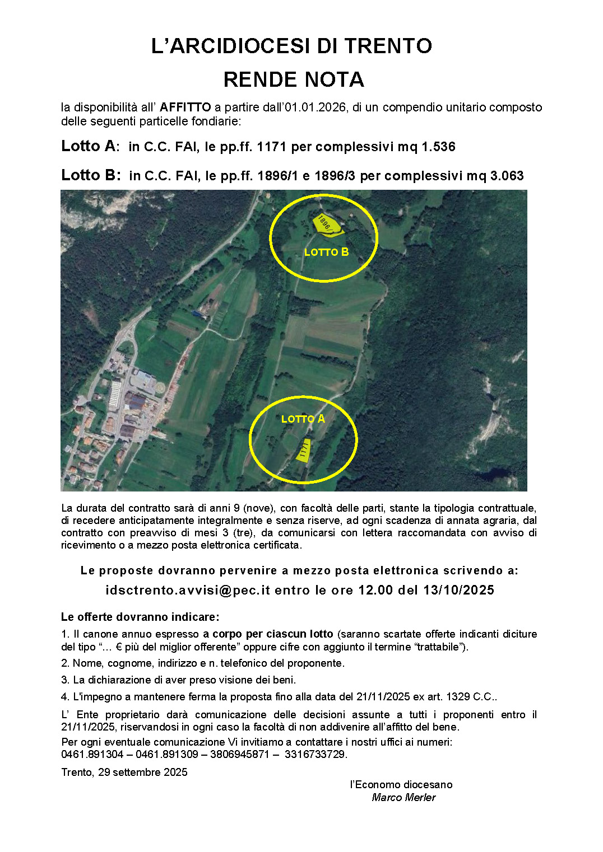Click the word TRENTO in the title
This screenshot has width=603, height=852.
[x=388, y=46]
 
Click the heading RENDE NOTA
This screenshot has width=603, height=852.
[x=294, y=80]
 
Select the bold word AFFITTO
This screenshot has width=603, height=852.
[x=185, y=107]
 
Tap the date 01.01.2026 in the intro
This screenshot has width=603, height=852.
[x=314, y=107]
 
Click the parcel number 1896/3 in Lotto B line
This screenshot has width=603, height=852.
[x=335, y=176]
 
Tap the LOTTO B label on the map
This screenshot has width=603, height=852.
[x=326, y=252]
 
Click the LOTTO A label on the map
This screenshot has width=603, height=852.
[x=303, y=419]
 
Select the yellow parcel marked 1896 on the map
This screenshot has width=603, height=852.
[x=327, y=224]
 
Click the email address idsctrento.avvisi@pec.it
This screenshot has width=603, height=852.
[x=188, y=591]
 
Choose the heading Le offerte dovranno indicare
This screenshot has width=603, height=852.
[x=140, y=617]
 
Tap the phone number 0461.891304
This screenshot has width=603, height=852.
[x=92, y=755]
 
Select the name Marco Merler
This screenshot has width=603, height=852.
[x=403, y=798]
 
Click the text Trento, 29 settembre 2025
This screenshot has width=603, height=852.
[x=124, y=773]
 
